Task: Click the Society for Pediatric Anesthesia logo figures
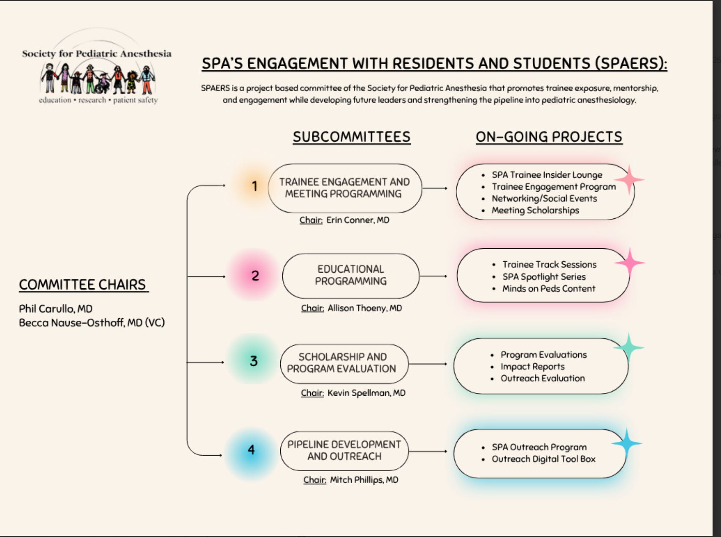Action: tap(98, 79)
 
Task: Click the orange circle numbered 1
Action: tap(254, 186)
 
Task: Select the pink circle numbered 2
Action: tap(255, 275)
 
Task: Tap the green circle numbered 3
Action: tap(253, 360)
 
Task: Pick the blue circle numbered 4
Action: tap(252, 450)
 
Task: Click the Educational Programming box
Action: tap(350, 276)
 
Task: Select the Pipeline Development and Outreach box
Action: tap(344, 451)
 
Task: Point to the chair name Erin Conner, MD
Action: tap(358, 220)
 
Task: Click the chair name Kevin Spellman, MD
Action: tap(366, 393)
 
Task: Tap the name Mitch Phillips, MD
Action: tap(364, 480)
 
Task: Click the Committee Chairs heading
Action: tap(84, 285)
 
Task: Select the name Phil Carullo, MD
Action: tap(56, 309)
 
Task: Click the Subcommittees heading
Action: tap(352, 137)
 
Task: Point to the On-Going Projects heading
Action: tap(549, 137)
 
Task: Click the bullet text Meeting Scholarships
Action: tap(535, 210)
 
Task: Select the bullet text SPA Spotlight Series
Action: tap(544, 277)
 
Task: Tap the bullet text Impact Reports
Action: tap(533, 366)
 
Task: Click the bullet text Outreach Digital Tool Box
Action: tap(544, 459)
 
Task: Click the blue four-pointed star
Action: tap(627, 443)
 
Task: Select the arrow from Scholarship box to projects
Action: tap(428, 364)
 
